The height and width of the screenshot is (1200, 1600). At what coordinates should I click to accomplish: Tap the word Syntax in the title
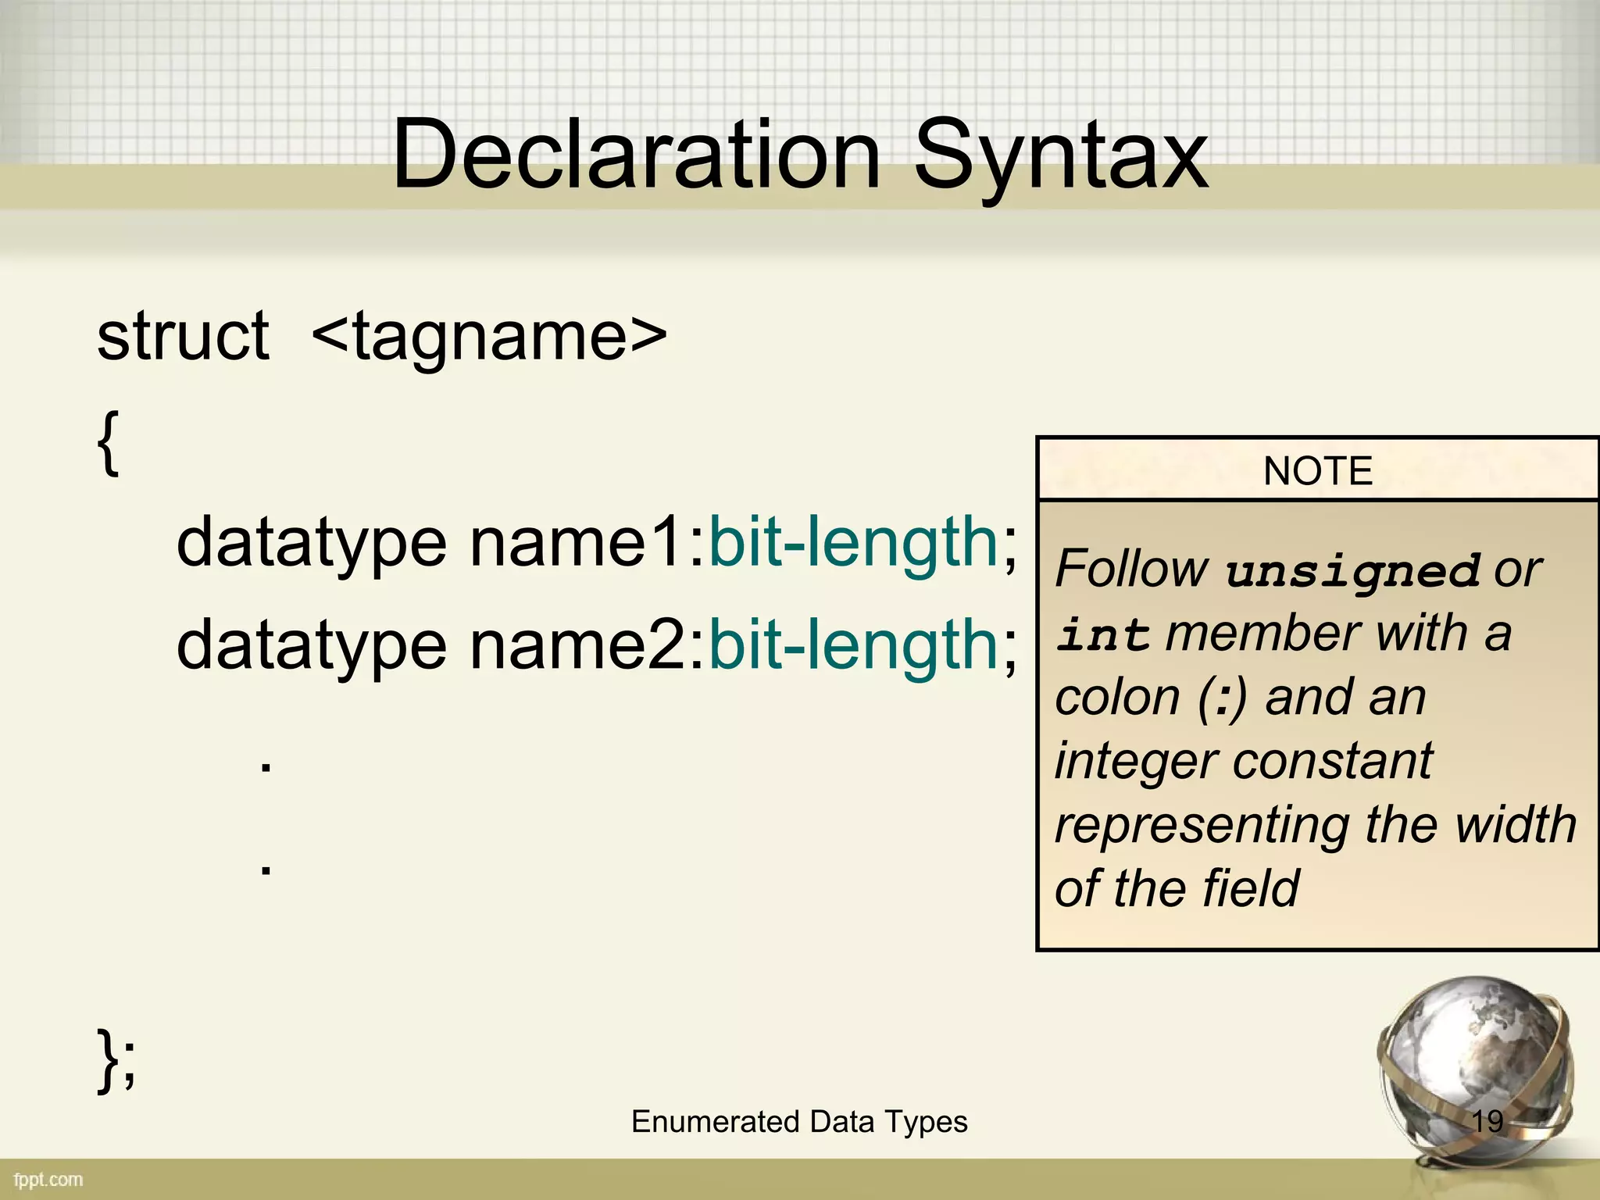pos(1060,156)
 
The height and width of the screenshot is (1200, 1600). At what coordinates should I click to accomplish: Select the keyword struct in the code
pos(183,336)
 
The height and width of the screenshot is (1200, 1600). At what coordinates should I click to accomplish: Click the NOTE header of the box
pos(1318,471)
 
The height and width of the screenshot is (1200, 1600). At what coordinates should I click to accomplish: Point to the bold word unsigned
pos(1352,570)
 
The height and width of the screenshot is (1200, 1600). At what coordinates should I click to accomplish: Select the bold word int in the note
pos(1102,634)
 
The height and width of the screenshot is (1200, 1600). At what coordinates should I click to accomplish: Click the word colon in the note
pos(1117,697)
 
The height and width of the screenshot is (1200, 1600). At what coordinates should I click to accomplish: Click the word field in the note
pos(1251,888)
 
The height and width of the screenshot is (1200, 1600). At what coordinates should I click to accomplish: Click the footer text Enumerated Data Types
pos(799,1122)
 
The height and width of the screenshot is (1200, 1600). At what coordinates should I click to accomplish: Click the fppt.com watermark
pos(48,1180)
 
